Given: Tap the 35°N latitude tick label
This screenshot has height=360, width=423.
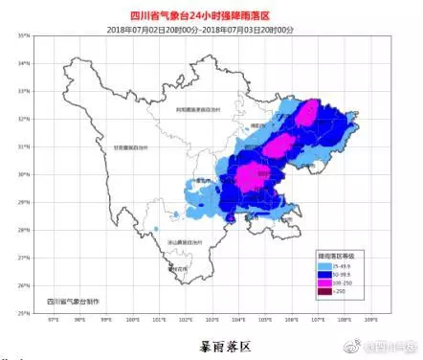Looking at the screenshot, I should click(x=21, y=35).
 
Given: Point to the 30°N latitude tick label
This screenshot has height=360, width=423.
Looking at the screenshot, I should click(x=21, y=175).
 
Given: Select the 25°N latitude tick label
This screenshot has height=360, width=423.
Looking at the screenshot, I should click(x=21, y=313).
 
